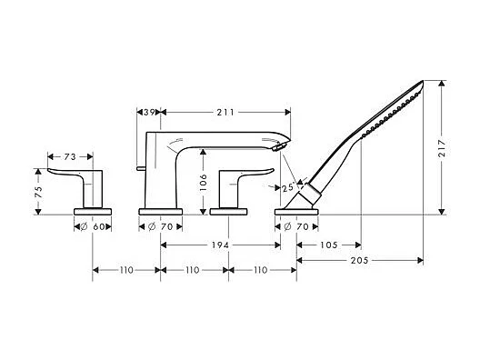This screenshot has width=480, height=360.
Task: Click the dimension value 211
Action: pyautogui.click(x=225, y=113)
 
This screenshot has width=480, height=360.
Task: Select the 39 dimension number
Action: pyautogui.click(x=149, y=113)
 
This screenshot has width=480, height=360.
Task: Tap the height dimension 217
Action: pyautogui.click(x=442, y=148)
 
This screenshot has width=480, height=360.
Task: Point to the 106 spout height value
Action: pyautogui.click(x=203, y=183)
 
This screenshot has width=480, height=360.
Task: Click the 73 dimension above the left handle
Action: pyautogui.click(x=70, y=156)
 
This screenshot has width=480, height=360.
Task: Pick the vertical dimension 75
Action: pyautogui.click(x=38, y=192)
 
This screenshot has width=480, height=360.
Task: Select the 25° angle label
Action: pyautogui.click(x=288, y=187)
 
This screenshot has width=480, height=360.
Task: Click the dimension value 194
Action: pyautogui.click(x=220, y=245)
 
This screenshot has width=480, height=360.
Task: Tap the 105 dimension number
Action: pyautogui.click(x=329, y=245)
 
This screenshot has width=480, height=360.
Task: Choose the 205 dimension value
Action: pyautogui.click(x=359, y=261)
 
